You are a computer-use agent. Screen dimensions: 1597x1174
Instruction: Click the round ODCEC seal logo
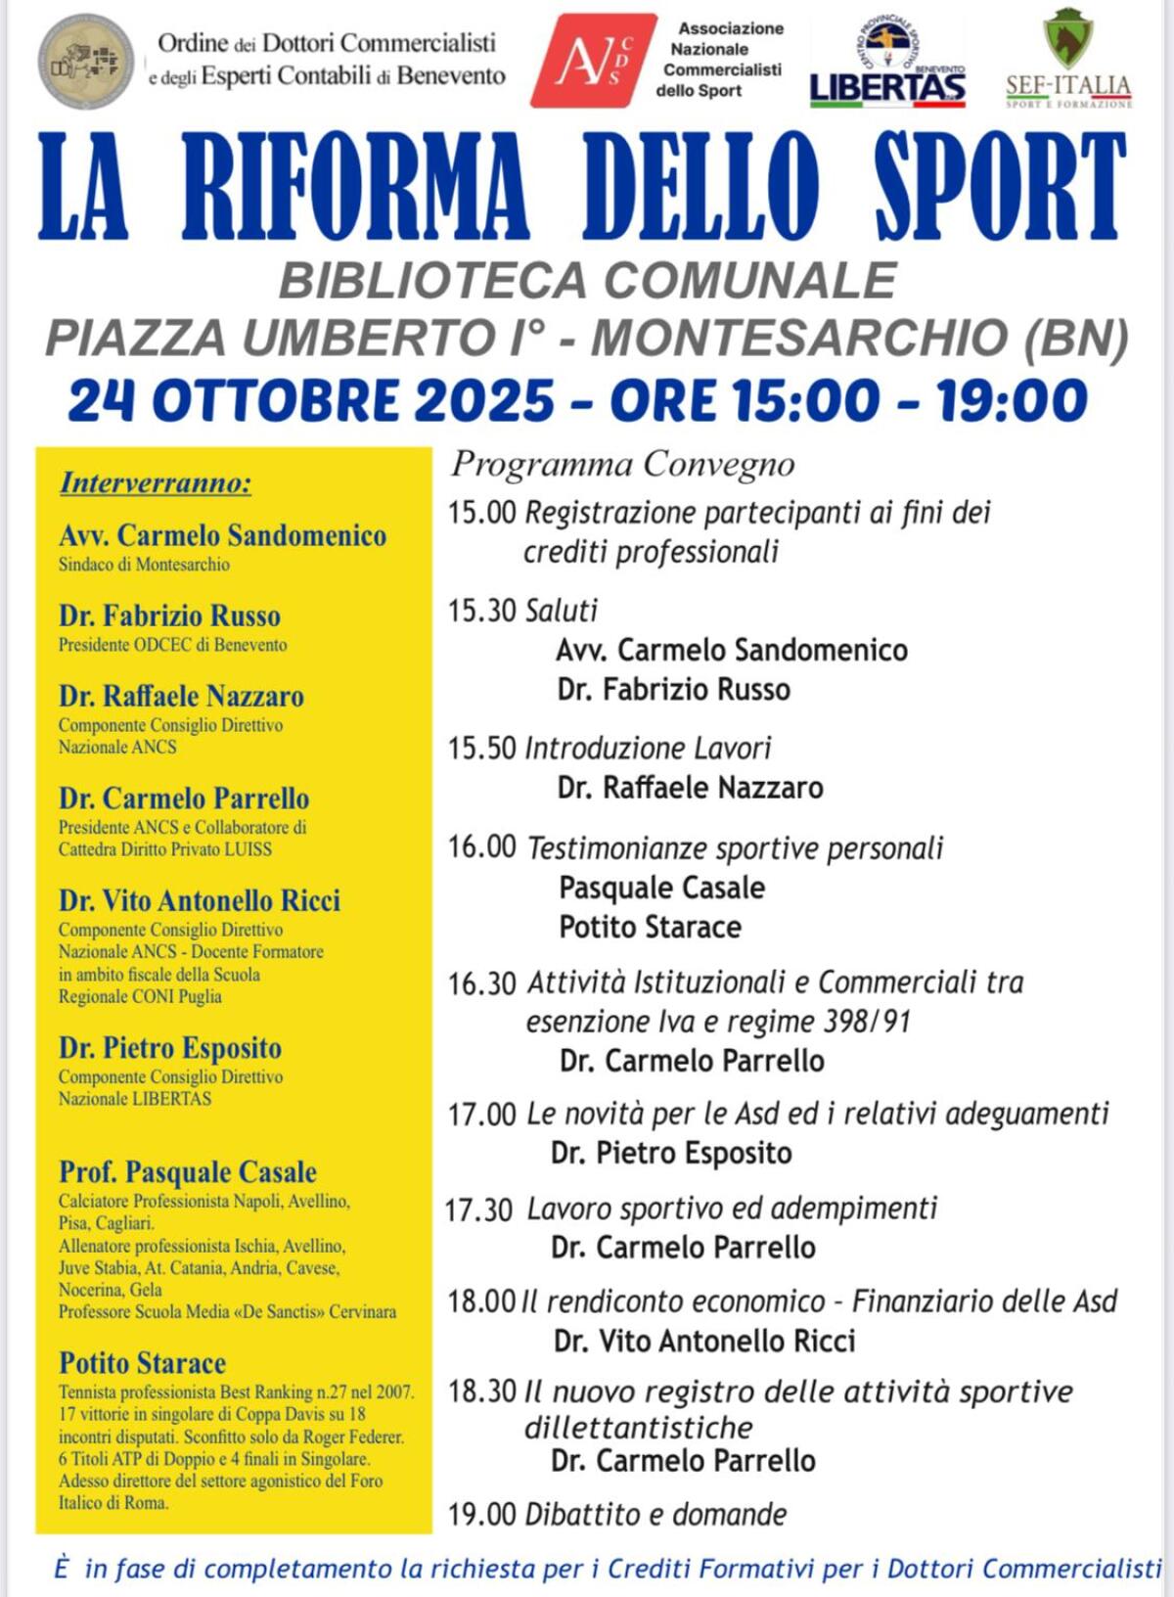(x=87, y=62)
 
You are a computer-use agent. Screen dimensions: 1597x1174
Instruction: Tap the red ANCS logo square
(x=592, y=61)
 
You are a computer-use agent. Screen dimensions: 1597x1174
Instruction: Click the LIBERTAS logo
(x=887, y=85)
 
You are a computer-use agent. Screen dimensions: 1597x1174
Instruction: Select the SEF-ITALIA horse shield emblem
(x=1067, y=38)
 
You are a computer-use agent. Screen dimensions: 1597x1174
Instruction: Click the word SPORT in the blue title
(x=1000, y=186)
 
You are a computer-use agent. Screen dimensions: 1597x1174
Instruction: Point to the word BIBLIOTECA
(x=433, y=282)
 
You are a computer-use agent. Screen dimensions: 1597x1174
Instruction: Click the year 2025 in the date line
(x=484, y=400)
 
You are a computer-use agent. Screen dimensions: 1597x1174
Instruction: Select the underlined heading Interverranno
(x=156, y=482)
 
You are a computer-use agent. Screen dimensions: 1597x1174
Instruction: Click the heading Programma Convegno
(x=622, y=464)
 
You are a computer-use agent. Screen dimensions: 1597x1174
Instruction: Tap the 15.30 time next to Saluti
(x=481, y=612)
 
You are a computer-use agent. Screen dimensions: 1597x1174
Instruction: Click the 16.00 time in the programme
(x=481, y=846)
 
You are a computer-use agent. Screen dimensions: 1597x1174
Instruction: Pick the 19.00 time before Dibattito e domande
(x=481, y=1515)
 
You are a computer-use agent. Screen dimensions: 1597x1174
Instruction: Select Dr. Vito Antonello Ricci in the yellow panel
(x=200, y=900)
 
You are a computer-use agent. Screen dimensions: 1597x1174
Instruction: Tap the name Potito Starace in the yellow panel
(x=143, y=1363)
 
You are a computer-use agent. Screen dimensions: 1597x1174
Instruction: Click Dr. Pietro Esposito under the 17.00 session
(x=671, y=1154)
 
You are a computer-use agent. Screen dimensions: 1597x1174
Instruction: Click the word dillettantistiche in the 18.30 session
(x=638, y=1428)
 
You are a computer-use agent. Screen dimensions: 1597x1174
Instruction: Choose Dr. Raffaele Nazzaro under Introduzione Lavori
(x=690, y=788)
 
